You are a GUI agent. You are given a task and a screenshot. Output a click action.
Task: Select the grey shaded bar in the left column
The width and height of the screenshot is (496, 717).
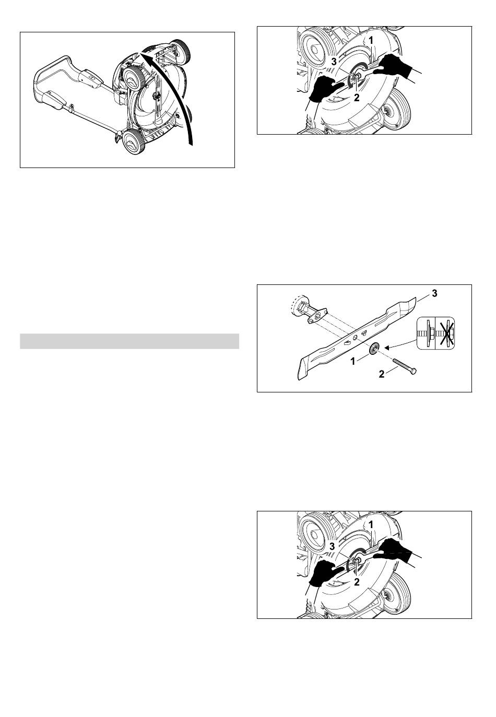click(129, 341)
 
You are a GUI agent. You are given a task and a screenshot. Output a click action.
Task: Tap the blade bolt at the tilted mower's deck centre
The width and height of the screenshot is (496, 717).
click(158, 95)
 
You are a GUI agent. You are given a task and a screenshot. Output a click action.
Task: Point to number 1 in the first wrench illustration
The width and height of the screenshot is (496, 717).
click(371, 40)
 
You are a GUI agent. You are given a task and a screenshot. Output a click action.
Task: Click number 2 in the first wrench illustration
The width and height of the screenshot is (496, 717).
click(357, 97)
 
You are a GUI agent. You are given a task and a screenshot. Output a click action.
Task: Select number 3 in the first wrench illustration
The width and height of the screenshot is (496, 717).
click(334, 62)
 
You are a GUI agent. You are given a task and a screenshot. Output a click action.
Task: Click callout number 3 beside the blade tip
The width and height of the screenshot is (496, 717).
click(434, 293)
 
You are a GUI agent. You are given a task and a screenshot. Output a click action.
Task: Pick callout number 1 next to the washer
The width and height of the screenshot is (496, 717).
click(353, 362)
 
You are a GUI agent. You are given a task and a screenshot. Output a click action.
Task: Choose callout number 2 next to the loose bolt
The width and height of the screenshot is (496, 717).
click(381, 374)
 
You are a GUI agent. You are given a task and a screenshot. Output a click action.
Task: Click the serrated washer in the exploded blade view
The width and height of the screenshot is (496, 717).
click(373, 349)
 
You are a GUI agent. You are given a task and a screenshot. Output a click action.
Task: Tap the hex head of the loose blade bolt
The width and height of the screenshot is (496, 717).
click(413, 372)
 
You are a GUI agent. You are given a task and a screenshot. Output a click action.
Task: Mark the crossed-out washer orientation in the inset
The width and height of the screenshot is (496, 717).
click(445, 334)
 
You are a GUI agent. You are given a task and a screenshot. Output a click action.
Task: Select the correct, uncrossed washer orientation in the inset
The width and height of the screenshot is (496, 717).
click(427, 334)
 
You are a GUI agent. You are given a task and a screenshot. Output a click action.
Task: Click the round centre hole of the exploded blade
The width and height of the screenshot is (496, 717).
click(356, 338)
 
